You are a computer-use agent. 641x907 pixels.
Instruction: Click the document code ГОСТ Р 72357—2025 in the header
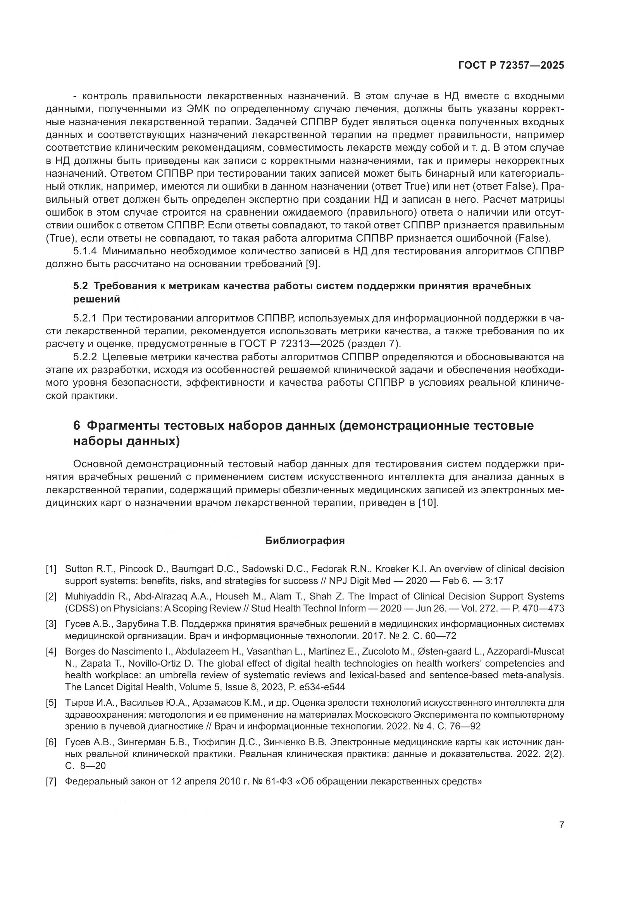tap(511, 66)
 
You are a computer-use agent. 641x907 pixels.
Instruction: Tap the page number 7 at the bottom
tap(561, 825)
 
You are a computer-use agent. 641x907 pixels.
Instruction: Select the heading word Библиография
tap(305, 541)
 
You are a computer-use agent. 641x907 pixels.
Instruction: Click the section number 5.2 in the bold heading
tap(80, 286)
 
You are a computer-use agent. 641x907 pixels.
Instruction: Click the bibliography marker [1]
tap(51, 569)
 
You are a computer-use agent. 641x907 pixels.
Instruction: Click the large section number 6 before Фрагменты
tap(77, 426)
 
